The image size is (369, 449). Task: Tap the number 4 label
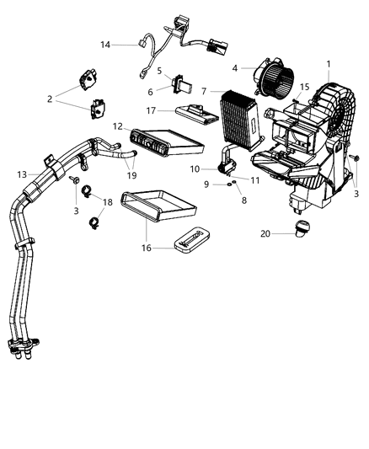point(236,68)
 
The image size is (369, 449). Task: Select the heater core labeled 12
point(164,142)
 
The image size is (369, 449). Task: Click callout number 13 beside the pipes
point(23,174)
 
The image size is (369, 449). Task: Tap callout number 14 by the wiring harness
point(105,44)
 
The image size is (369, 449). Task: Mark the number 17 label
point(151,109)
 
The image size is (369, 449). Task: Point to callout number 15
point(306,86)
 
